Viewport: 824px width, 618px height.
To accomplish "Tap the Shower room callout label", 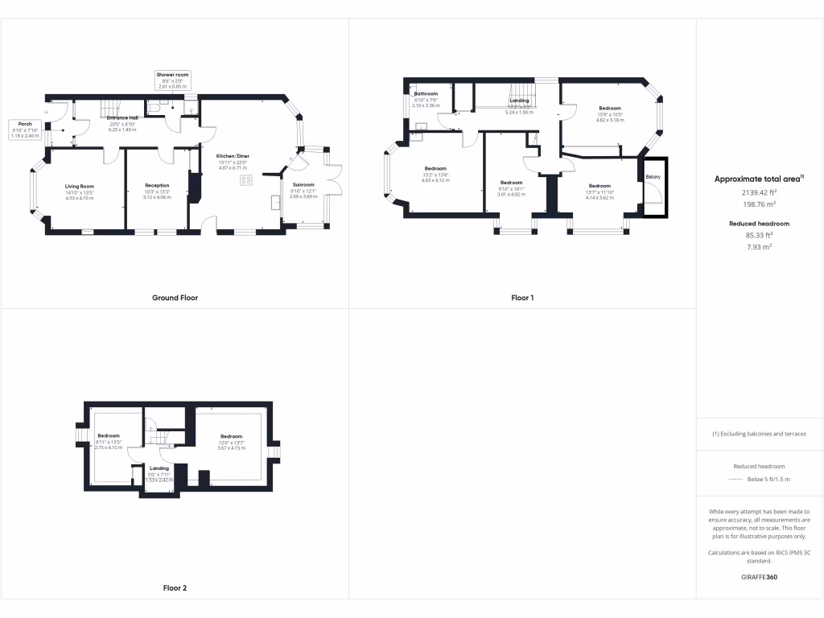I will point(172,74).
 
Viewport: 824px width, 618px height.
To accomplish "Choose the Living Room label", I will point(80,186).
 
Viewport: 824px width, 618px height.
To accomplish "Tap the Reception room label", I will point(157,186).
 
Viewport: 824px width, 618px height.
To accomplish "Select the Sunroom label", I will point(303,184).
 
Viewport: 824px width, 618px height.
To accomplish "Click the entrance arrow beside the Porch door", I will point(47,112).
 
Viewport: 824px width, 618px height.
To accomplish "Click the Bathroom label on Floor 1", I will point(426,93).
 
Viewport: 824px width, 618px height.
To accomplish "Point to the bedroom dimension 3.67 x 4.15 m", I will point(231,447).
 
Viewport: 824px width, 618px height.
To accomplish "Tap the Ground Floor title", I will point(175,298).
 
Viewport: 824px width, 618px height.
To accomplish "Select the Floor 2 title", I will point(175,588).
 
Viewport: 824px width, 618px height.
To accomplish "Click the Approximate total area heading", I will point(758,179).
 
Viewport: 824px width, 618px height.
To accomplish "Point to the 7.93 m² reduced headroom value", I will point(759,247).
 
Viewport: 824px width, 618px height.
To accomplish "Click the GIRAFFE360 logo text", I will point(759,577).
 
